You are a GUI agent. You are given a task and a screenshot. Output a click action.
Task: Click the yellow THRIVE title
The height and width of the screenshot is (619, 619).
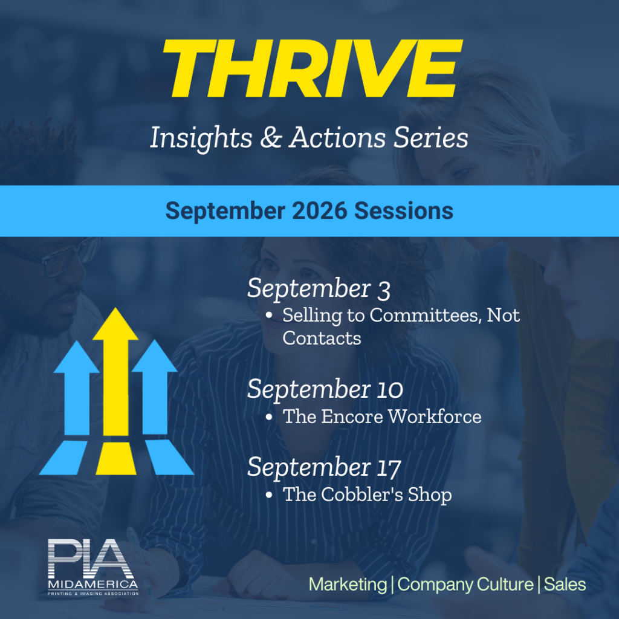(313, 68)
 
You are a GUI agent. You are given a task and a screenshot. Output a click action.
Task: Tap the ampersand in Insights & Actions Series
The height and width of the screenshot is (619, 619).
(271, 137)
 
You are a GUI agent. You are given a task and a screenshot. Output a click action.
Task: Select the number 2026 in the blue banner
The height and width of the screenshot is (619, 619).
(319, 211)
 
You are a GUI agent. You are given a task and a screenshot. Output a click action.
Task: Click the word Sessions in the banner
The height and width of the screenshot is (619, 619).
(403, 211)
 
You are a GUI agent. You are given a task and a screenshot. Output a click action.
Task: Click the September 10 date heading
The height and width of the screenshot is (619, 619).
(325, 390)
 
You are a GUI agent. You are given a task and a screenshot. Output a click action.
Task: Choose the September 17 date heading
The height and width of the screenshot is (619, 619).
(324, 468)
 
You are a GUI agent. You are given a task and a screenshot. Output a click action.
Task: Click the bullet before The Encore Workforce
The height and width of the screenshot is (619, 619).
(269, 417)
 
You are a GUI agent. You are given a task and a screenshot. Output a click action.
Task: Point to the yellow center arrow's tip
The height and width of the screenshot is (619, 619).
(115, 308)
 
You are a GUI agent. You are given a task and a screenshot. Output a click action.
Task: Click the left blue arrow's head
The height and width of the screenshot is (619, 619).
(77, 357)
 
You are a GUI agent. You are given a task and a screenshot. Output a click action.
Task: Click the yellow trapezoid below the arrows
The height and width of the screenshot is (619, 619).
(116, 458)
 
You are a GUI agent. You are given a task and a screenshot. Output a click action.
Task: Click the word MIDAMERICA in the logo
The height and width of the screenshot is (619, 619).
(92, 585)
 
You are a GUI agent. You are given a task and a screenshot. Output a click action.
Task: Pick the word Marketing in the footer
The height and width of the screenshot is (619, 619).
(348, 585)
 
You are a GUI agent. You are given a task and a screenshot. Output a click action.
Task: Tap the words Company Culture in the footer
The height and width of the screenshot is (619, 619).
(465, 585)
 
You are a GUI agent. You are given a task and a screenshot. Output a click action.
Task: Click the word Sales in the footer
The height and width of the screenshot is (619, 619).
(565, 585)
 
